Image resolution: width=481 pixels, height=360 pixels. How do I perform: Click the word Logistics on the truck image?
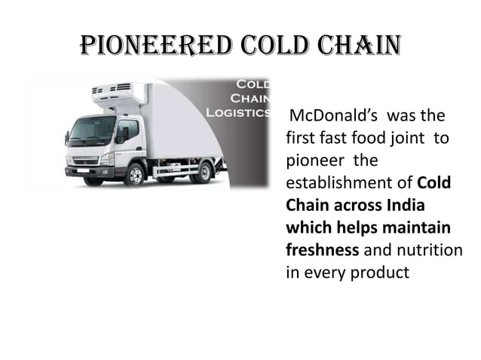(x=239, y=112)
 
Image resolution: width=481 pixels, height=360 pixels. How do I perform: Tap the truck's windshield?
(x=92, y=130)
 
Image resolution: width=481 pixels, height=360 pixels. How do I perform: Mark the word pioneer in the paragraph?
(x=312, y=161)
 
